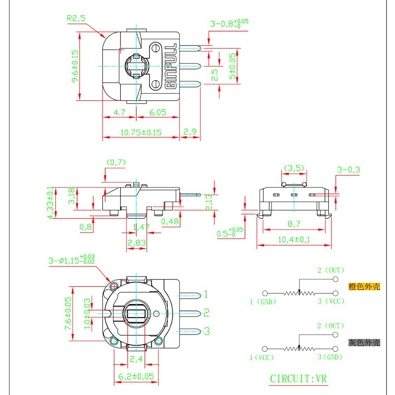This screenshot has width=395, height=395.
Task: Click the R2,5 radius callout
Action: [76, 18]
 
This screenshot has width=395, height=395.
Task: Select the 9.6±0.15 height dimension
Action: [75, 66]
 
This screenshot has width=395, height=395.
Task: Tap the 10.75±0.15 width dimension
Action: [141, 132]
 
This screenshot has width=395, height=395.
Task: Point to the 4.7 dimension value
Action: [120, 112]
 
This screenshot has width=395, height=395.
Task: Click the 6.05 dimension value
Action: [158, 112]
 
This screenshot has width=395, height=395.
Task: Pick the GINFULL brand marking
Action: [171, 66]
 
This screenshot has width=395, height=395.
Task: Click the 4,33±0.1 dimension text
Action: [51, 203]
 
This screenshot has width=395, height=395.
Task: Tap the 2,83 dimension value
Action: [137, 243]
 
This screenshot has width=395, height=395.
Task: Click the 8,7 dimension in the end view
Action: [294, 224]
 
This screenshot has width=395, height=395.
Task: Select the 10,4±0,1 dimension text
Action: [294, 239]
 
